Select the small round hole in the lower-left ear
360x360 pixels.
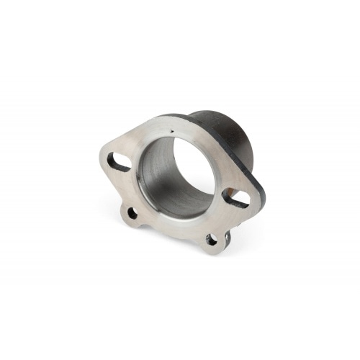(x=132, y=212)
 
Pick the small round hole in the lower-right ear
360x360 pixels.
(x=211, y=239)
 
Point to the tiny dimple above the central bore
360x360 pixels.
(x=174, y=131)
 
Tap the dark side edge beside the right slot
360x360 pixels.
(x=258, y=205)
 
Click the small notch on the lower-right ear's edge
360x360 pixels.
(x=226, y=235)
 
